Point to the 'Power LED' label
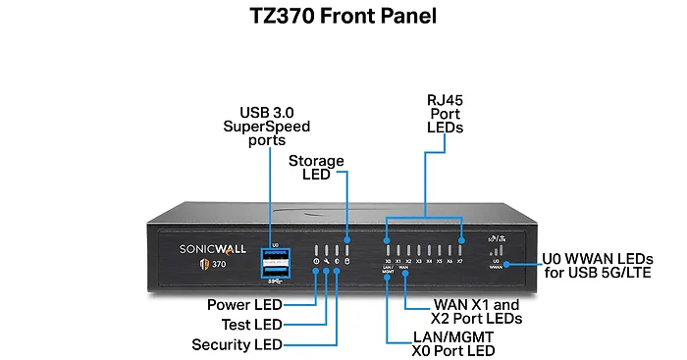coord(244,305)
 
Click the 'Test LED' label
coord(252,325)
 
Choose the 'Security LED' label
coord(237,344)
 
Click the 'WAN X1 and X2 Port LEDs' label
coord(476,311)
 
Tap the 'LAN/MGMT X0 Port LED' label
coord(440,342)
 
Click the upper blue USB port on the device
coord(276,255)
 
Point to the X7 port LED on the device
coord(460,250)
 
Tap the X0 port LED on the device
coord(388,250)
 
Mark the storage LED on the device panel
coord(346,250)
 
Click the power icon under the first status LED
coord(315,262)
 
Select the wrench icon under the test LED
coord(326,262)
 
